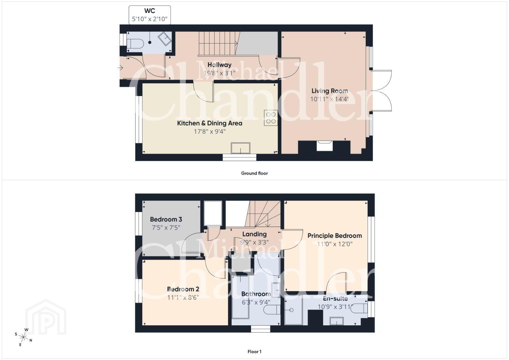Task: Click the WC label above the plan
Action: (150, 11)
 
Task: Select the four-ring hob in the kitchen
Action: (271, 118)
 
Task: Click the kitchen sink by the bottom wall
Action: (240, 148)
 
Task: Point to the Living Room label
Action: (329, 91)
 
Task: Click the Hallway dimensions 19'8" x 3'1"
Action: (219, 73)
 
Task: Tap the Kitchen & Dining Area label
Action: (210, 123)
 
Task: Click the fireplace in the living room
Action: (324, 145)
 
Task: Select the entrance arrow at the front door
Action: (120, 68)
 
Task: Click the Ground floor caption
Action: (254, 173)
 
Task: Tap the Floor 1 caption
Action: (254, 352)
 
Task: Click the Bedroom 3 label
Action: (166, 219)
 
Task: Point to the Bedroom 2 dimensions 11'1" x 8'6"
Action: (183, 297)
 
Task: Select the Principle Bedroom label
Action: (334, 236)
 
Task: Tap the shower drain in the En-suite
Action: (292, 310)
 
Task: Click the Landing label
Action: (254, 234)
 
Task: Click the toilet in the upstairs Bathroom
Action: (272, 310)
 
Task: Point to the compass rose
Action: (23, 337)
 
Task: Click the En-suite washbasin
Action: (336, 321)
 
